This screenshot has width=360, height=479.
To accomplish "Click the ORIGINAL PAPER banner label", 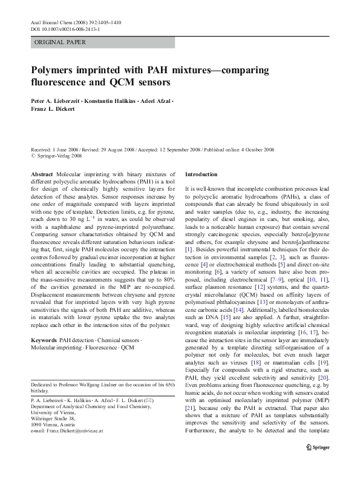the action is pos(60,42).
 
